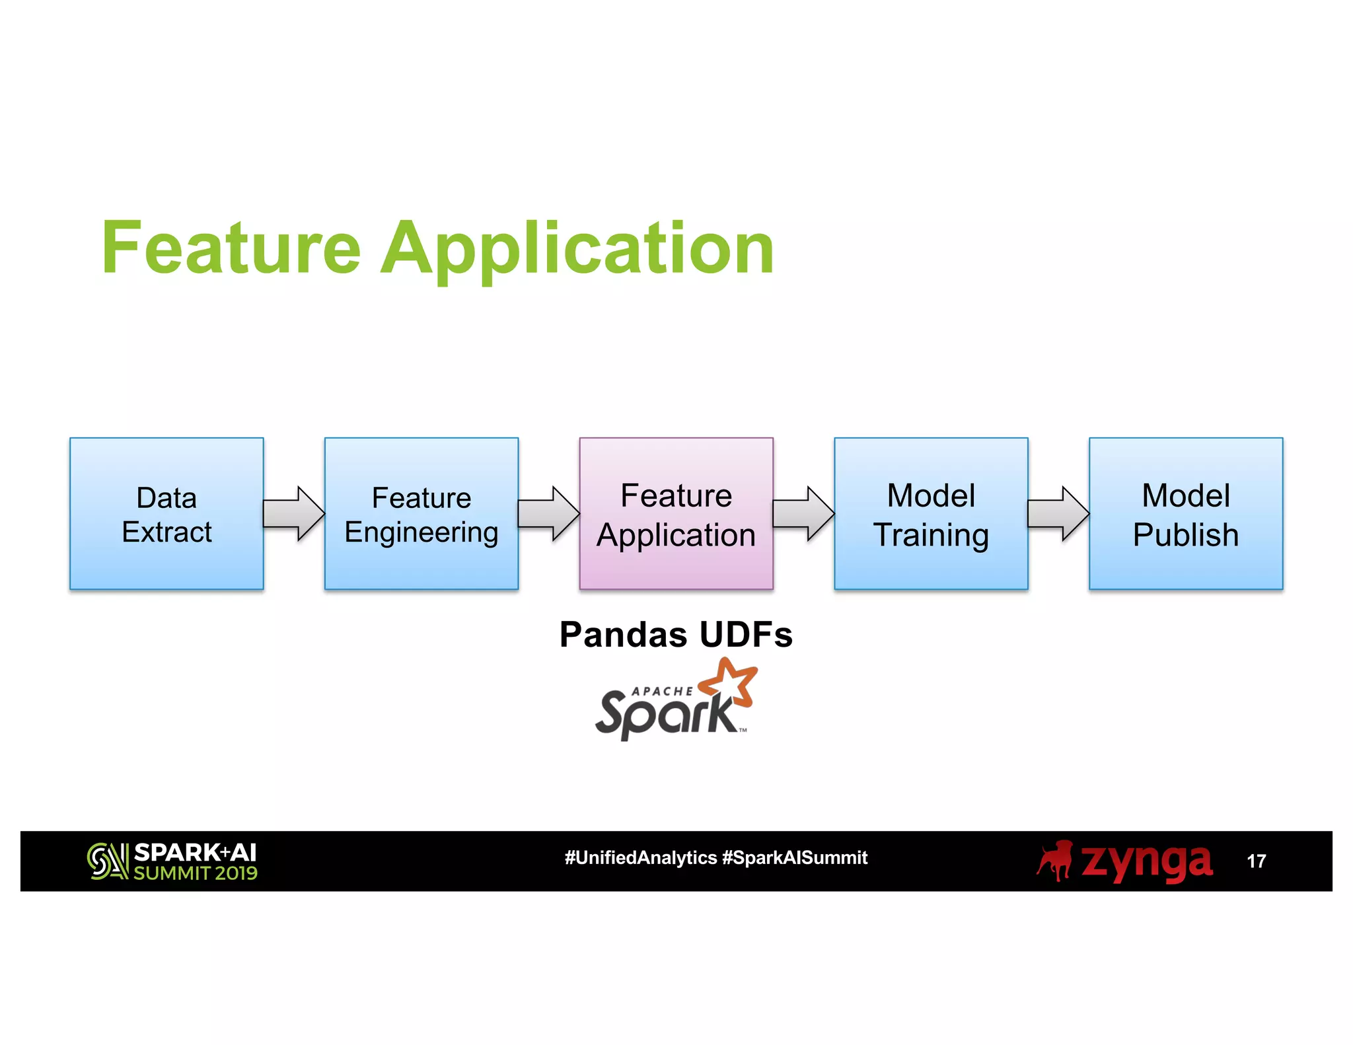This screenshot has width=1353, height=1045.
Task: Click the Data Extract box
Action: [166, 513]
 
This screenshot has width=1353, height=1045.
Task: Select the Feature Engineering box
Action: [421, 513]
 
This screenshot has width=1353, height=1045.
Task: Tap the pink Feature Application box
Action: [676, 513]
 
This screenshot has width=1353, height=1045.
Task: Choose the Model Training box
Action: [931, 513]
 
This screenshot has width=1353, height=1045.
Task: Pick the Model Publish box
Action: [1186, 513]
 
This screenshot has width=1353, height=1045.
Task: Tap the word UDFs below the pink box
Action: [745, 635]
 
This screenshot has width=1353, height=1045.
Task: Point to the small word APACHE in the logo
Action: [662, 691]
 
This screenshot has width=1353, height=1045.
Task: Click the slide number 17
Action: [1256, 861]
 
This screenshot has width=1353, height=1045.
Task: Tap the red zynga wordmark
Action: [1146, 861]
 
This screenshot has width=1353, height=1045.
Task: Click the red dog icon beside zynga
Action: [1055, 860]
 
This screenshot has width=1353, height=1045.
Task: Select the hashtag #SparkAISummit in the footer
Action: [795, 857]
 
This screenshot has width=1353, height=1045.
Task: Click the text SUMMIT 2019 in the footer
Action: [196, 873]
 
